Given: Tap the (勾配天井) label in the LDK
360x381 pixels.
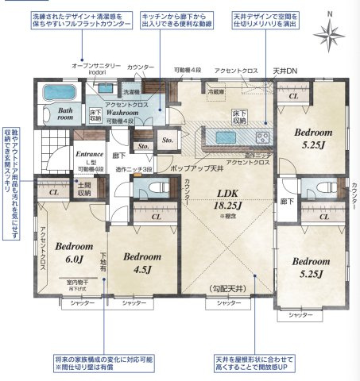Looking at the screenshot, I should click(x=230, y=288).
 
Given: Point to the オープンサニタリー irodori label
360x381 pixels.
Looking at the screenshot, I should click(x=96, y=68).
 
